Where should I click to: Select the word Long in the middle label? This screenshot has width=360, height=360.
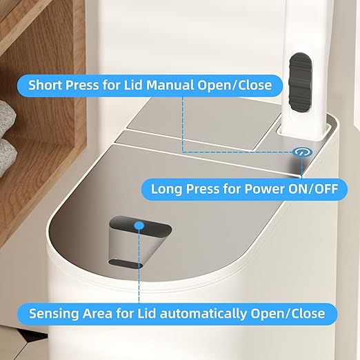(x=166, y=188)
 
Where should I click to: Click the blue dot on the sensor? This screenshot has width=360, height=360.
(x=139, y=225)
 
